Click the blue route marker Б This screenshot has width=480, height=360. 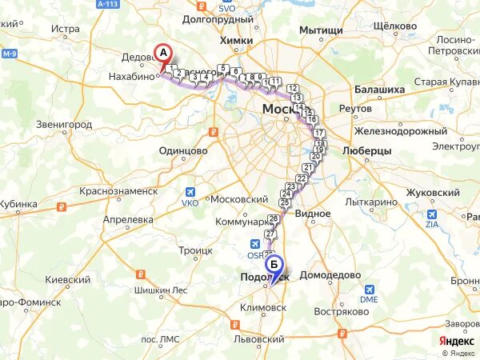point(274,263)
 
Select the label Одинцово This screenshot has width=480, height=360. point(183,150)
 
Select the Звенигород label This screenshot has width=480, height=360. point(65,125)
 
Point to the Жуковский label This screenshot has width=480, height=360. point(433,193)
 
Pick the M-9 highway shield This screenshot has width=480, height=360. point(9,54)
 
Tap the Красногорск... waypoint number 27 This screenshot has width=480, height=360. point(270,234)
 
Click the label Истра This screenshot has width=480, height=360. point(66,30)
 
